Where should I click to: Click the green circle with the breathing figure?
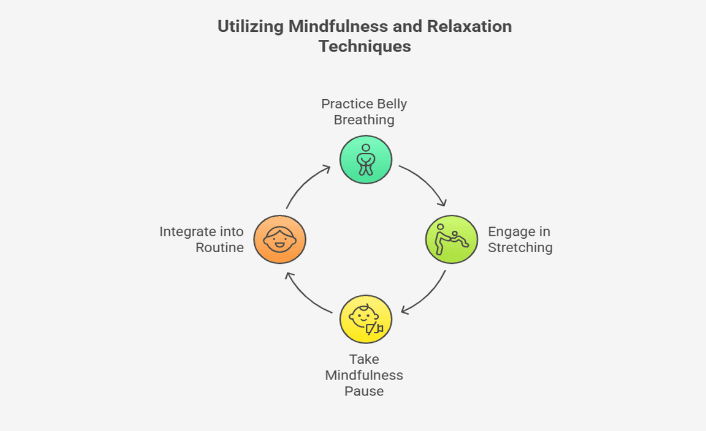pyautogui.click(x=366, y=160)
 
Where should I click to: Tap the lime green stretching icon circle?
pyautogui.click(x=452, y=239)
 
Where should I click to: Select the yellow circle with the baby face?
pyautogui.click(x=366, y=319)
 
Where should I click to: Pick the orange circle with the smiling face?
pyautogui.click(x=279, y=239)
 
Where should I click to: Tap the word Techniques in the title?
pyautogui.click(x=365, y=47)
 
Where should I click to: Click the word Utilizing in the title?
pyautogui.click(x=250, y=27)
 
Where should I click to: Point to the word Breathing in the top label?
pyautogui.click(x=364, y=120)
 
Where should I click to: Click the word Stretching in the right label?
pyautogui.click(x=520, y=248)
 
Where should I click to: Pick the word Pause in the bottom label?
pyautogui.click(x=364, y=391)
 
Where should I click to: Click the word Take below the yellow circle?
pyautogui.click(x=364, y=359)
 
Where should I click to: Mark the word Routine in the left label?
pyautogui.click(x=219, y=248)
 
